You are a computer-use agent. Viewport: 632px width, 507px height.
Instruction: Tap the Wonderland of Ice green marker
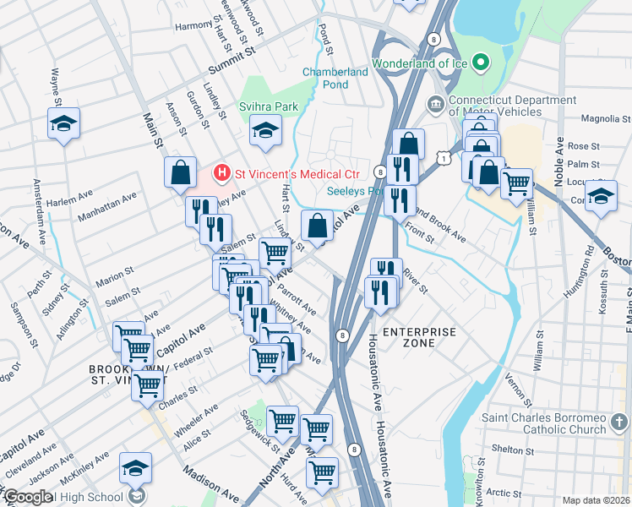pos(481,63)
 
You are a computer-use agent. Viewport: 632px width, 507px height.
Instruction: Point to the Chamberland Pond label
pos(335,79)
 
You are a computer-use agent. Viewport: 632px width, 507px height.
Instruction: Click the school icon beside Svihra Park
pos(265,130)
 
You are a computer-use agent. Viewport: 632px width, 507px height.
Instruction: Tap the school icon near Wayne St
pos(63,124)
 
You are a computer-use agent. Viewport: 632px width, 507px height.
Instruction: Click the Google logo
pos(28,497)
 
